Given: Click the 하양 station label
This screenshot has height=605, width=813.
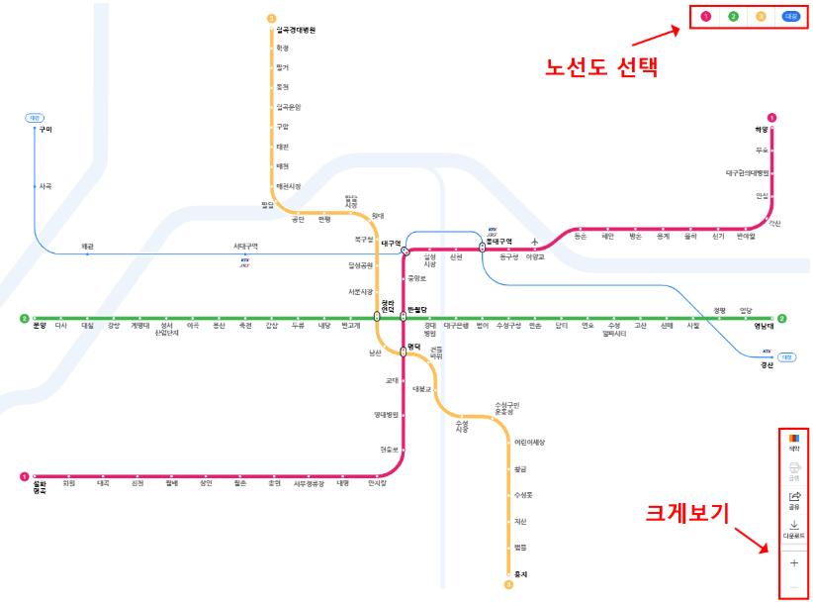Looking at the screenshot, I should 762,130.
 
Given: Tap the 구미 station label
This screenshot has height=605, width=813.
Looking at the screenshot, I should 45,130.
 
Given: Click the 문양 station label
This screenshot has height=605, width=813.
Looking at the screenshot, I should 40,325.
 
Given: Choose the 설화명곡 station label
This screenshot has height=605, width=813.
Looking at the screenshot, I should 40,485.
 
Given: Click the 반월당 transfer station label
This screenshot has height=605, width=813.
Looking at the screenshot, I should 418,310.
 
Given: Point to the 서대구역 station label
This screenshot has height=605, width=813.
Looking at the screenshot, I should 245,246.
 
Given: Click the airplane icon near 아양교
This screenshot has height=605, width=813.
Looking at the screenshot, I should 535,243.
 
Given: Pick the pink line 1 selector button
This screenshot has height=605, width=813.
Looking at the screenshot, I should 705,16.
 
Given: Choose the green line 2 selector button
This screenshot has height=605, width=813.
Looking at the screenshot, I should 733,16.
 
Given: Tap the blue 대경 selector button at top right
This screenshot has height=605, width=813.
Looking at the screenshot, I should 790,16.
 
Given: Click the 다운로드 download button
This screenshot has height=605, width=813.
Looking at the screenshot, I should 793,530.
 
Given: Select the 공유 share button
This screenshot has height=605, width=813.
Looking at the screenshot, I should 793,500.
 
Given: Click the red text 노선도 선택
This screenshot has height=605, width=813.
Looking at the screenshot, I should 602,69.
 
